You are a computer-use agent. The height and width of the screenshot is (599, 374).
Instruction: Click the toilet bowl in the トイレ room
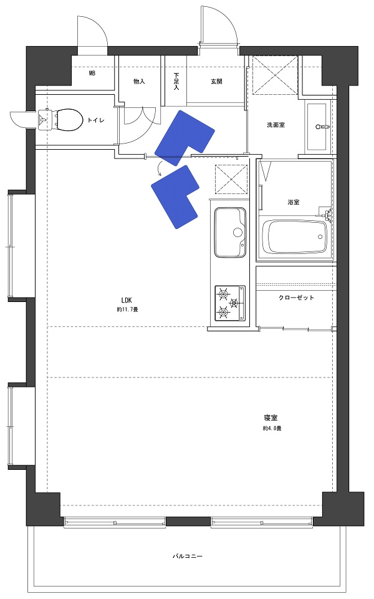point(61,119)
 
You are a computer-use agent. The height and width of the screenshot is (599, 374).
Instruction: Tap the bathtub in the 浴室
point(295,236)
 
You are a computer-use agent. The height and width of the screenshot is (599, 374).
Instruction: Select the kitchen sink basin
point(230,232)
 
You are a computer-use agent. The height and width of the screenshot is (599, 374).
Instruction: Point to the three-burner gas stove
point(230,303)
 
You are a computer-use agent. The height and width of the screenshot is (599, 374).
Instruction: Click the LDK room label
point(127,301)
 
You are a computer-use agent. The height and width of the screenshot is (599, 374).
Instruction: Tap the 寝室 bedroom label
point(270,417)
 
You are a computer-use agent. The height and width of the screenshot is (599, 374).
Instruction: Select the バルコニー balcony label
point(188,556)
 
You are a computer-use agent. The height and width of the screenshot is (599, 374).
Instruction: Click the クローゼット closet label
point(296,298)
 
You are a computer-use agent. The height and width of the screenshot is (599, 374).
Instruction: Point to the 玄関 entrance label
point(216,81)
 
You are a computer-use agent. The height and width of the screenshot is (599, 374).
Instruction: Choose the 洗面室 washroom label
point(276,125)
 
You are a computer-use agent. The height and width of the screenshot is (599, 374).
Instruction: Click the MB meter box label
point(92,73)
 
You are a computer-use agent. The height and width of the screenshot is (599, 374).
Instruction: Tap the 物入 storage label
point(139,81)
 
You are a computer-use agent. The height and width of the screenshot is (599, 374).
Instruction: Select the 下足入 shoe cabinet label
point(176,81)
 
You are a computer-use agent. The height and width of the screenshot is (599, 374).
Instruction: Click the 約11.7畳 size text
point(127,309)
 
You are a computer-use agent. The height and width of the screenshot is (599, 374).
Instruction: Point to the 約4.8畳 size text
point(272,428)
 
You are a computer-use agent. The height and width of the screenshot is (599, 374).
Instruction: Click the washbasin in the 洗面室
point(317,127)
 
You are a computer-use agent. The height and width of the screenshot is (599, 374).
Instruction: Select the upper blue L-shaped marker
point(185,138)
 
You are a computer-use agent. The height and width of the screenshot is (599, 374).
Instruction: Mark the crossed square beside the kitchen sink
point(231,180)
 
